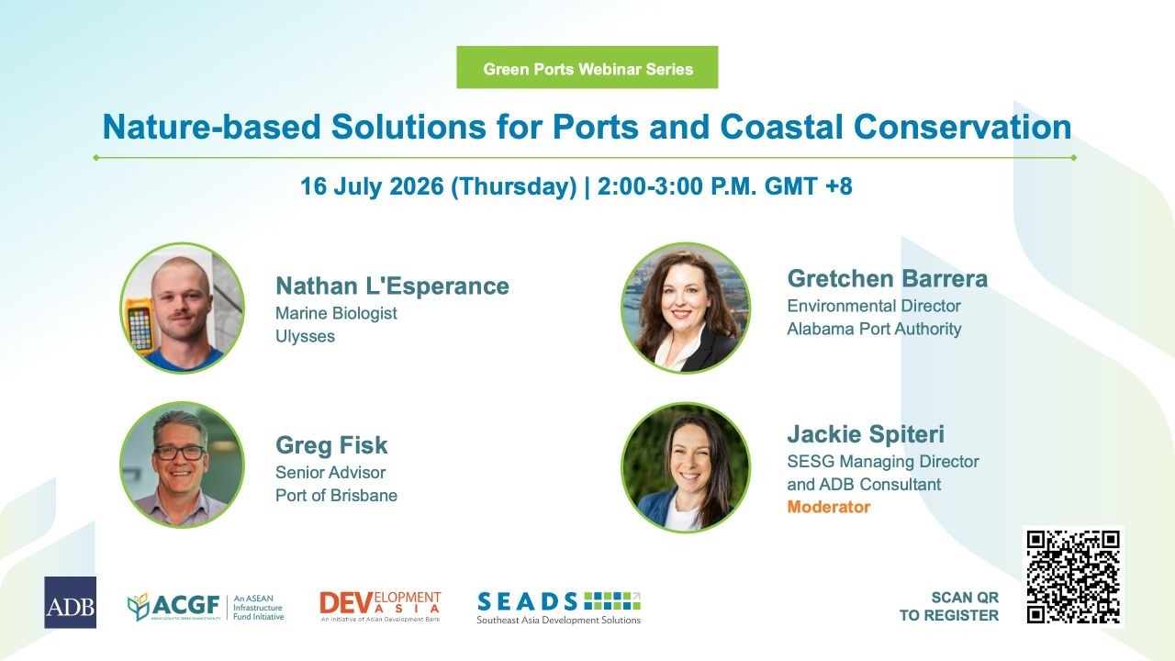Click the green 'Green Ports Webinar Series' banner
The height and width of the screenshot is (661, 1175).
coord(587,67)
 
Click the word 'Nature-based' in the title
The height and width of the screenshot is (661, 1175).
coord(211,127)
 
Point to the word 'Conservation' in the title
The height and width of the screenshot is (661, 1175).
coord(963,127)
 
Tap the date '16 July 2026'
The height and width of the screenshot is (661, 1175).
coord(372,186)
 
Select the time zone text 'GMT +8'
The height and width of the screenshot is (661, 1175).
coord(809,186)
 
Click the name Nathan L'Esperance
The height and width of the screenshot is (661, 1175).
coord(392,286)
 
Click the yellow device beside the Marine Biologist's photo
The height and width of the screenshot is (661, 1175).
coord(139,326)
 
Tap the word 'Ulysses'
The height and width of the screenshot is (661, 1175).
coord(306,336)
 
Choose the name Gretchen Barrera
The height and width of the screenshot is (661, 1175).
coord(888,278)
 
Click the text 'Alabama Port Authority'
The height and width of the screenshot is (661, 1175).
coord(875,329)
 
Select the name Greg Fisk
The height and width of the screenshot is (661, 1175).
coord(331,445)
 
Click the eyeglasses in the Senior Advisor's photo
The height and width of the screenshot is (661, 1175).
coord(179,453)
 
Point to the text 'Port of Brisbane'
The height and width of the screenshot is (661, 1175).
coord(336,495)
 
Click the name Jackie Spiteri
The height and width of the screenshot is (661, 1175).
coord(866,434)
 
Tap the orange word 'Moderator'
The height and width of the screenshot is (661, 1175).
coord(829,507)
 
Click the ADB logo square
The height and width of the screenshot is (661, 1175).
coord(71,602)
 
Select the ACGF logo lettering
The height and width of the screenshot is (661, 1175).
coord(185,605)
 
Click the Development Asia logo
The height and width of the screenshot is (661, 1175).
coord(380,607)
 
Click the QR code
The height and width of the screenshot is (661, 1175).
coord(1073,576)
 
